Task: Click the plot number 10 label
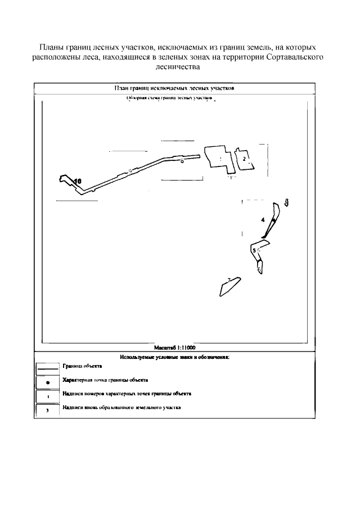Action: [x=78, y=181]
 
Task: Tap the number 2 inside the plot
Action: [x=244, y=159]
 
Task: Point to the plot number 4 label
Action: [x=263, y=220]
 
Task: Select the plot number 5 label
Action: [x=254, y=250]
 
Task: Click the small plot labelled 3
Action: [x=287, y=201]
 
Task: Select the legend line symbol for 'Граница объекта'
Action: [x=48, y=370]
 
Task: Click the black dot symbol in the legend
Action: [x=48, y=383]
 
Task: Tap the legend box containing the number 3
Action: [x=48, y=411]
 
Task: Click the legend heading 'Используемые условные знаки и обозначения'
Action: [x=175, y=357]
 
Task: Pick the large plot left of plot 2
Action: [x=217, y=156]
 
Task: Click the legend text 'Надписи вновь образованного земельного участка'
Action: [x=121, y=407]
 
